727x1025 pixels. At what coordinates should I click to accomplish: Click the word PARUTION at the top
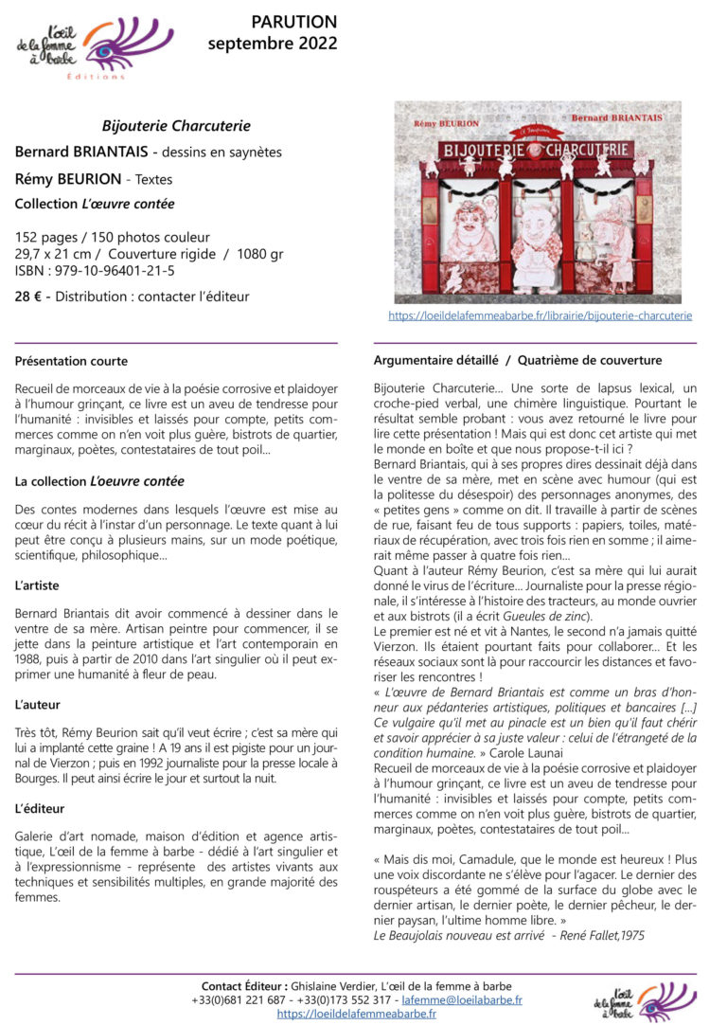[x=293, y=22]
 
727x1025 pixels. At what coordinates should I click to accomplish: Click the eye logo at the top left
[x=95, y=47]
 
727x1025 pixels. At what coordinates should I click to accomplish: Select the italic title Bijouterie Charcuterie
[x=176, y=125]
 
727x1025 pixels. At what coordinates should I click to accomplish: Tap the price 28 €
[x=27, y=297]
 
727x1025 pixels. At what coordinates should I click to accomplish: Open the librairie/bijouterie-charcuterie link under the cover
[x=540, y=315]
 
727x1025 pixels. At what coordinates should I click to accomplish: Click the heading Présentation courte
[x=71, y=361]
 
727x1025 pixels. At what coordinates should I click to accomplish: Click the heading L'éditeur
[x=39, y=808]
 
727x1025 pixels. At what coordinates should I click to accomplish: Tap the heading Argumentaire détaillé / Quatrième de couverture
[x=518, y=361]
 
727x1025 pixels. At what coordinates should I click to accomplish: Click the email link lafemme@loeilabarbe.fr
[x=461, y=999]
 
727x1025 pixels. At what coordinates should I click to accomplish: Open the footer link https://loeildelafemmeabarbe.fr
[x=357, y=1014]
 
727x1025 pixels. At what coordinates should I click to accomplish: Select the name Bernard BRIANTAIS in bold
[x=81, y=152]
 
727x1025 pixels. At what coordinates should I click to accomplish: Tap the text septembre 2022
[x=273, y=44]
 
